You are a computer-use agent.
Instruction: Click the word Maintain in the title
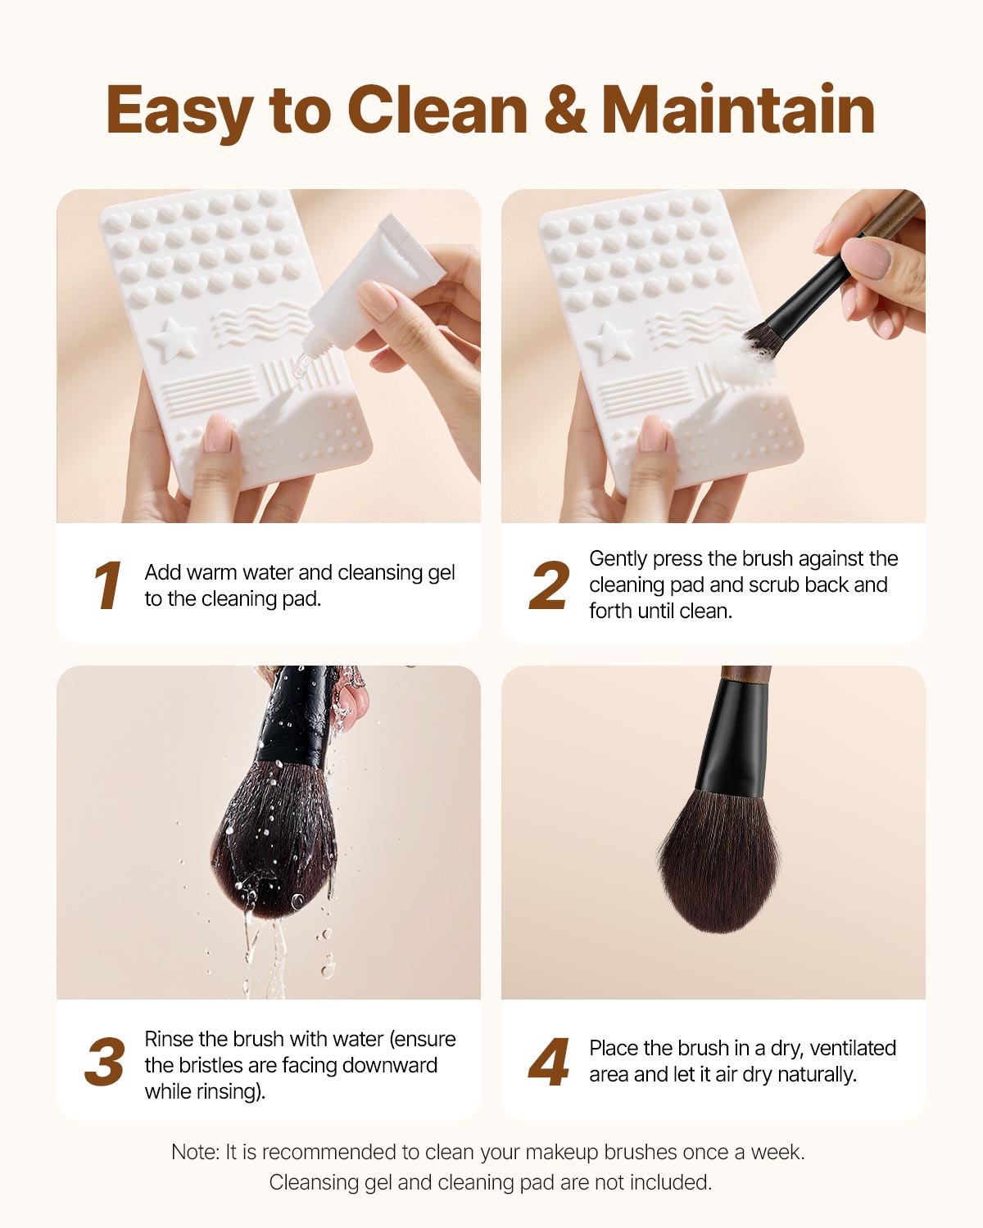738,111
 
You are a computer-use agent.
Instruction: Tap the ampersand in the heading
564,111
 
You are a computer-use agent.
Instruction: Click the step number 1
107,586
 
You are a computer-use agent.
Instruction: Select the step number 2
549,586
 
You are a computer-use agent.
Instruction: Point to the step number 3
105,1063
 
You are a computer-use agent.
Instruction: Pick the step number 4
549,1063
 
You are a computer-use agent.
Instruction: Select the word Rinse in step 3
170,1039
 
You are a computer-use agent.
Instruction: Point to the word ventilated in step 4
853,1048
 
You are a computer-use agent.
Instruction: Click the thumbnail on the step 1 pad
219,434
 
